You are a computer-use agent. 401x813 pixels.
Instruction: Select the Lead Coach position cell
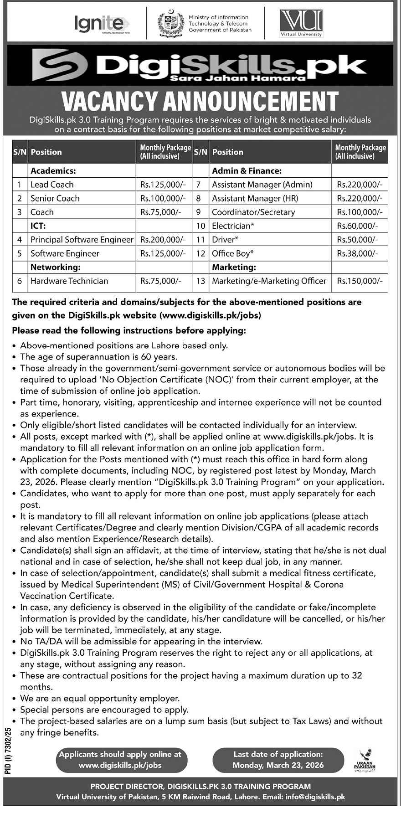[52, 185]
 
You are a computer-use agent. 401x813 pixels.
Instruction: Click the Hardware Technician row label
[69, 281]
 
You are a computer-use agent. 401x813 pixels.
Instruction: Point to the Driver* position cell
[225, 240]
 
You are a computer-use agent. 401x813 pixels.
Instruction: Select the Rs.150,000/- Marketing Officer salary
[360, 281]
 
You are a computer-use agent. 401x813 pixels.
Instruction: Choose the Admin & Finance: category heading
[247, 171]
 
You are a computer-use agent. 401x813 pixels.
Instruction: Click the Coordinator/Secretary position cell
[253, 212]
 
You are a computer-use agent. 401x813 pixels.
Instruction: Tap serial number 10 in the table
[201, 226]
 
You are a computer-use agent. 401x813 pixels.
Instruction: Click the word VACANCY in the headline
[109, 101]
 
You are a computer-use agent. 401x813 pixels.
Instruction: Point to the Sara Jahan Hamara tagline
[236, 78]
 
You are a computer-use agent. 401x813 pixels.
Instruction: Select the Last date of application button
[278, 760]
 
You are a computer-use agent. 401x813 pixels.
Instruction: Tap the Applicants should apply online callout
[120, 760]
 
